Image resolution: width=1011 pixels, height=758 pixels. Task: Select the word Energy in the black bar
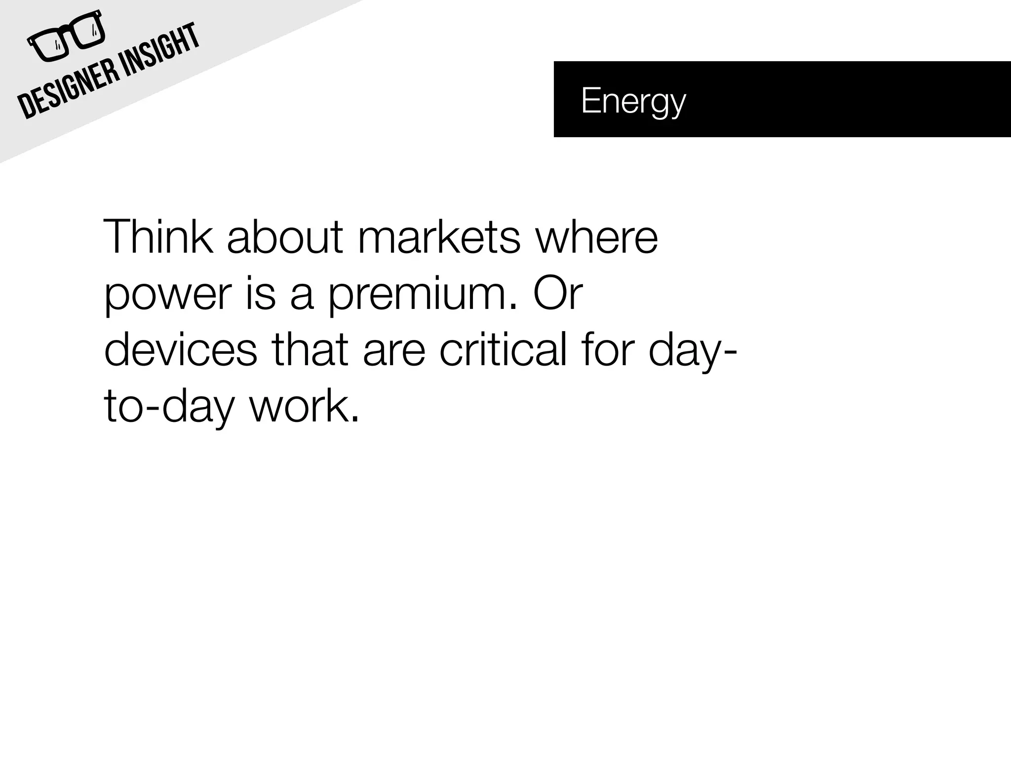(x=633, y=101)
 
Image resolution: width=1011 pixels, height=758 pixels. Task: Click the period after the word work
(x=354, y=419)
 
